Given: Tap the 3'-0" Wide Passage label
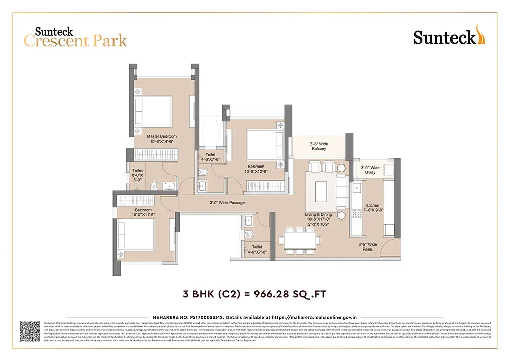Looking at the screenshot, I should [x=227, y=203].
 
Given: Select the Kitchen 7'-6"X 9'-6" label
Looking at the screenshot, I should [x=372, y=208].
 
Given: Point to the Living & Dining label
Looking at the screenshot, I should [x=319, y=217].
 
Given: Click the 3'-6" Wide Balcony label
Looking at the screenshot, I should [x=319, y=147].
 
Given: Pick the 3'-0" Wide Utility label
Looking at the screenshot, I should [x=370, y=170].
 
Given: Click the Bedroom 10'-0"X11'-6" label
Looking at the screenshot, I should [x=143, y=213].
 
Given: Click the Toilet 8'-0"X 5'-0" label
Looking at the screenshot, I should [x=138, y=175].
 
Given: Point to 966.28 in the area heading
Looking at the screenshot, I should [x=274, y=294].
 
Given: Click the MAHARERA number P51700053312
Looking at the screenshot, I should [x=209, y=317].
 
